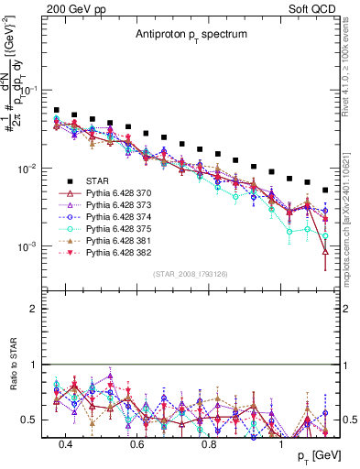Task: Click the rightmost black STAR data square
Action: (x=325, y=191)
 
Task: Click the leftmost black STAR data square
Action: (x=57, y=110)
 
